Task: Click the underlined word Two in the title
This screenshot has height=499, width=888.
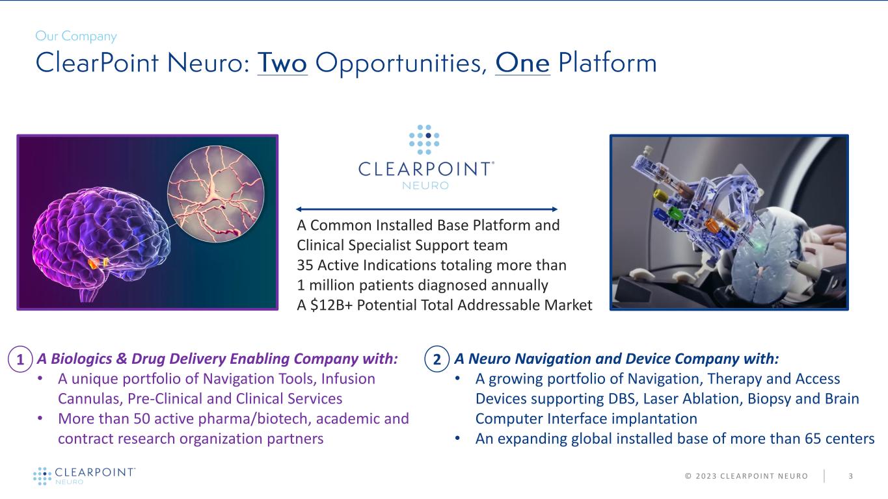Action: (x=282, y=63)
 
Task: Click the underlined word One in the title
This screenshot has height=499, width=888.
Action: (x=522, y=63)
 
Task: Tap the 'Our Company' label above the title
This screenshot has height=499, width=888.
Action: (x=76, y=36)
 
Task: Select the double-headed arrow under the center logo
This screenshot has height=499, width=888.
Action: (x=427, y=209)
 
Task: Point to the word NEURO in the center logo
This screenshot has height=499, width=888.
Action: (x=426, y=185)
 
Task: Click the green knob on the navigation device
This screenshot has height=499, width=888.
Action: (x=675, y=212)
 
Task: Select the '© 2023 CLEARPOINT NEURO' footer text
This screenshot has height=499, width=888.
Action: (x=746, y=476)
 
